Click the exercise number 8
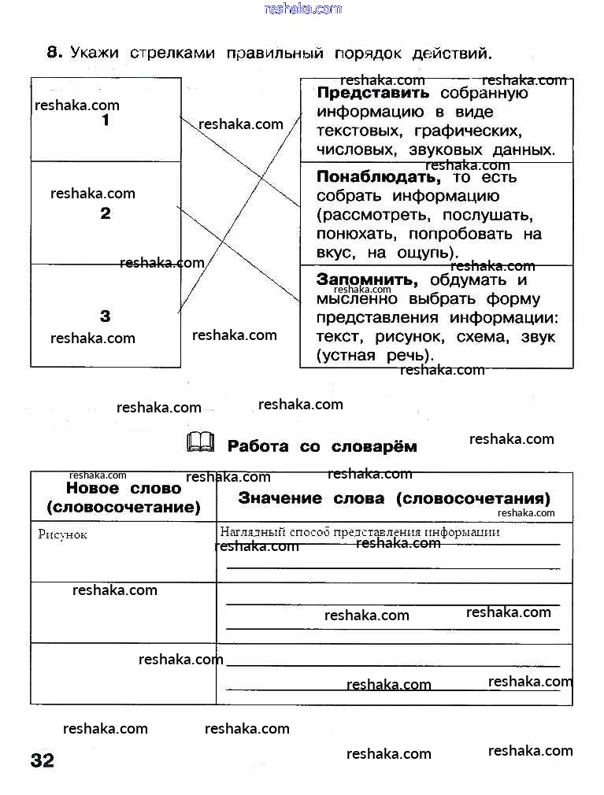click(x=53, y=53)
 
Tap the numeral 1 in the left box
click(x=106, y=120)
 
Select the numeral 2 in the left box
click(x=106, y=213)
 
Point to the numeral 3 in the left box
click(x=106, y=316)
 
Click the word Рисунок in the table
click(x=62, y=534)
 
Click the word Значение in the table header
click(x=280, y=498)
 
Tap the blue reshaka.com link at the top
click(x=303, y=9)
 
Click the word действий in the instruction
click(x=457, y=54)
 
